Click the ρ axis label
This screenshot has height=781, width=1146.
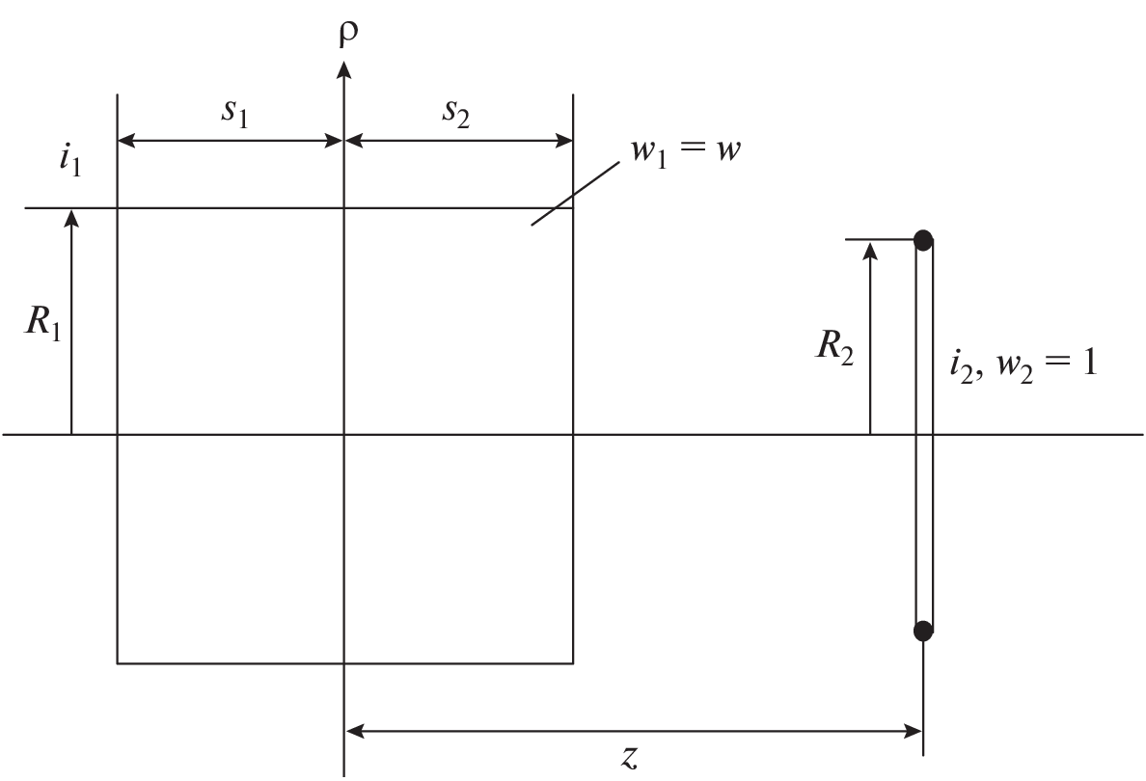pyautogui.click(x=348, y=35)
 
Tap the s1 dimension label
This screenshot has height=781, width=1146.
pyautogui.click(x=235, y=113)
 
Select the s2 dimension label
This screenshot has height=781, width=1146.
pyautogui.click(x=455, y=113)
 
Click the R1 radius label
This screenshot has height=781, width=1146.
pyautogui.click(x=43, y=322)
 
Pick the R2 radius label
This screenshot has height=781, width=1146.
pyautogui.click(x=833, y=345)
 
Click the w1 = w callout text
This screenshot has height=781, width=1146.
pyautogui.click(x=685, y=150)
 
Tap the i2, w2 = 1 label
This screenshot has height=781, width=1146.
pyautogui.click(x=1023, y=364)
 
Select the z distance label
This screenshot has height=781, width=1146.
pyautogui.click(x=629, y=757)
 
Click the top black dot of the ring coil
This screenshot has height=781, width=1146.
pyautogui.click(x=924, y=240)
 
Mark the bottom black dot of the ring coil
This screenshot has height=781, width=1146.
pyautogui.click(x=924, y=630)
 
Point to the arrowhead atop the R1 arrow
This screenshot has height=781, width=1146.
pyautogui.click(x=70, y=217)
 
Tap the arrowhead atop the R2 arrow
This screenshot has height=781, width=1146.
pyautogui.click(x=870, y=250)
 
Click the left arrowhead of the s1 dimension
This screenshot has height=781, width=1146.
pyautogui.click(x=126, y=141)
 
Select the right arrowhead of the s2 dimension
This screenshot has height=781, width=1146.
pyautogui.click(x=564, y=141)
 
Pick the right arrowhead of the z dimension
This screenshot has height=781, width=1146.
pyautogui.click(x=913, y=730)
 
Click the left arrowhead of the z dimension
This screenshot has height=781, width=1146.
pyautogui.click(x=354, y=730)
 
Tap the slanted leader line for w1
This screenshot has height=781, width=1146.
pyautogui.click(x=575, y=194)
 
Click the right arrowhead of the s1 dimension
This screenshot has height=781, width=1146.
pyautogui.click(x=335, y=141)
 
